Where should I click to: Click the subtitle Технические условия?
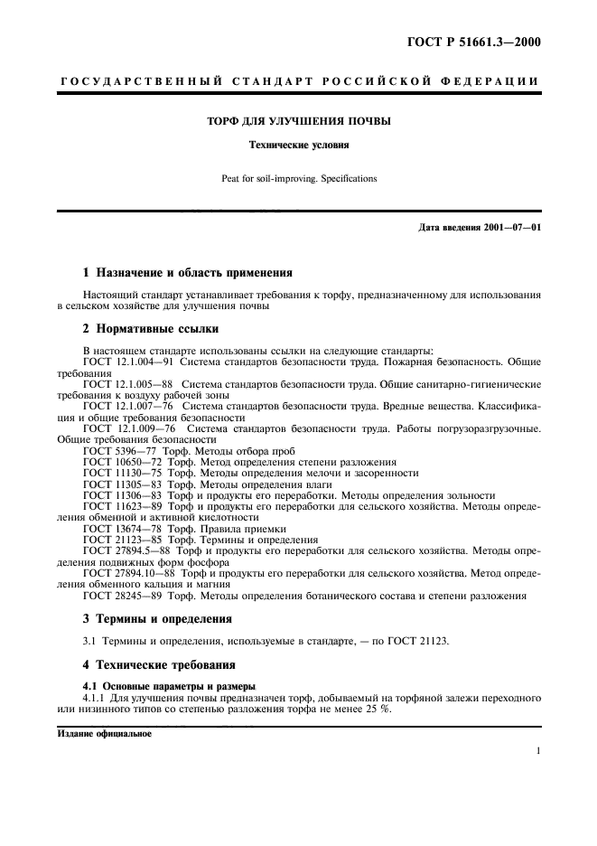pos(299,144)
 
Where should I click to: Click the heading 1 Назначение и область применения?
pos(188,272)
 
